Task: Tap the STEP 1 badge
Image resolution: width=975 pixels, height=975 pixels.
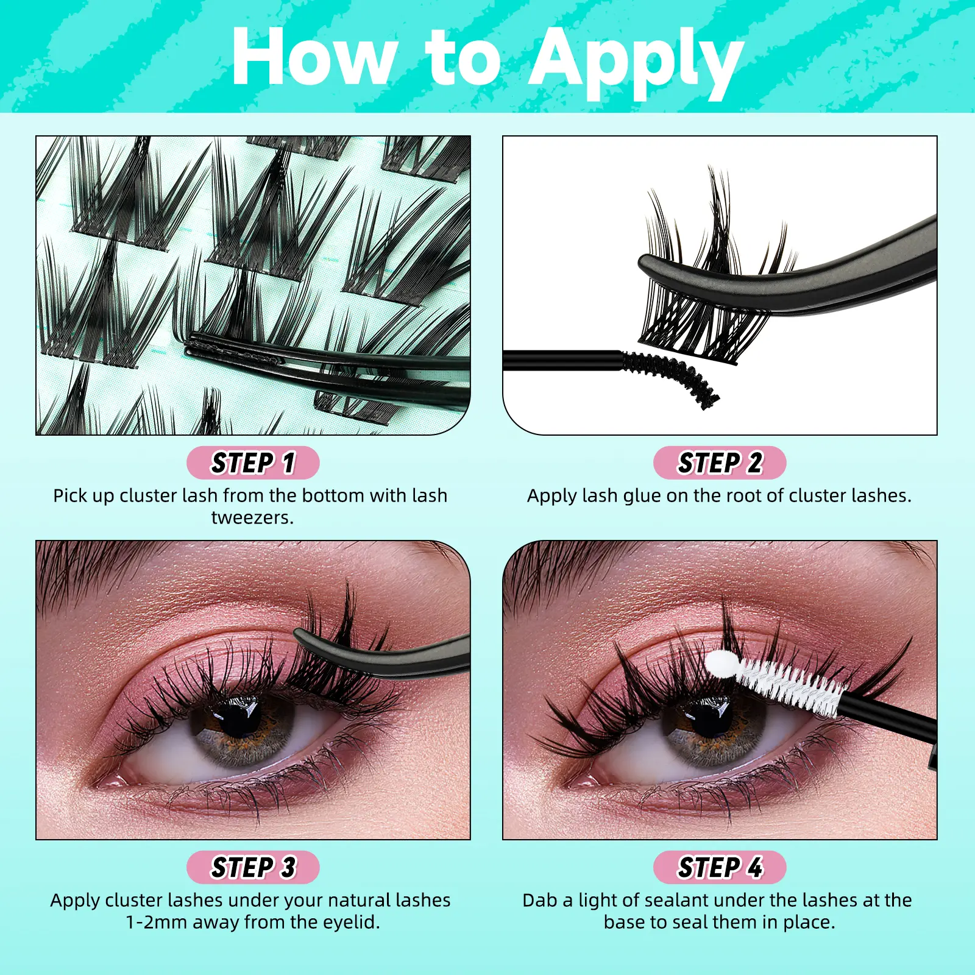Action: pyautogui.click(x=253, y=463)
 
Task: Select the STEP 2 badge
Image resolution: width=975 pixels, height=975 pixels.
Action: pyautogui.click(x=720, y=463)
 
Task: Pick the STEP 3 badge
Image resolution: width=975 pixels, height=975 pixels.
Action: pyautogui.click(x=253, y=867)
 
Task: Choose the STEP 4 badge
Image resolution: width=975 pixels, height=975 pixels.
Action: pyautogui.click(x=720, y=867)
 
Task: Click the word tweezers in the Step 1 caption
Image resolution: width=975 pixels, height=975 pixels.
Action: pyautogui.click(x=252, y=517)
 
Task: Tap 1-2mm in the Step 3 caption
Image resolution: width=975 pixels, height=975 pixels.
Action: pyautogui.click(x=156, y=922)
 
